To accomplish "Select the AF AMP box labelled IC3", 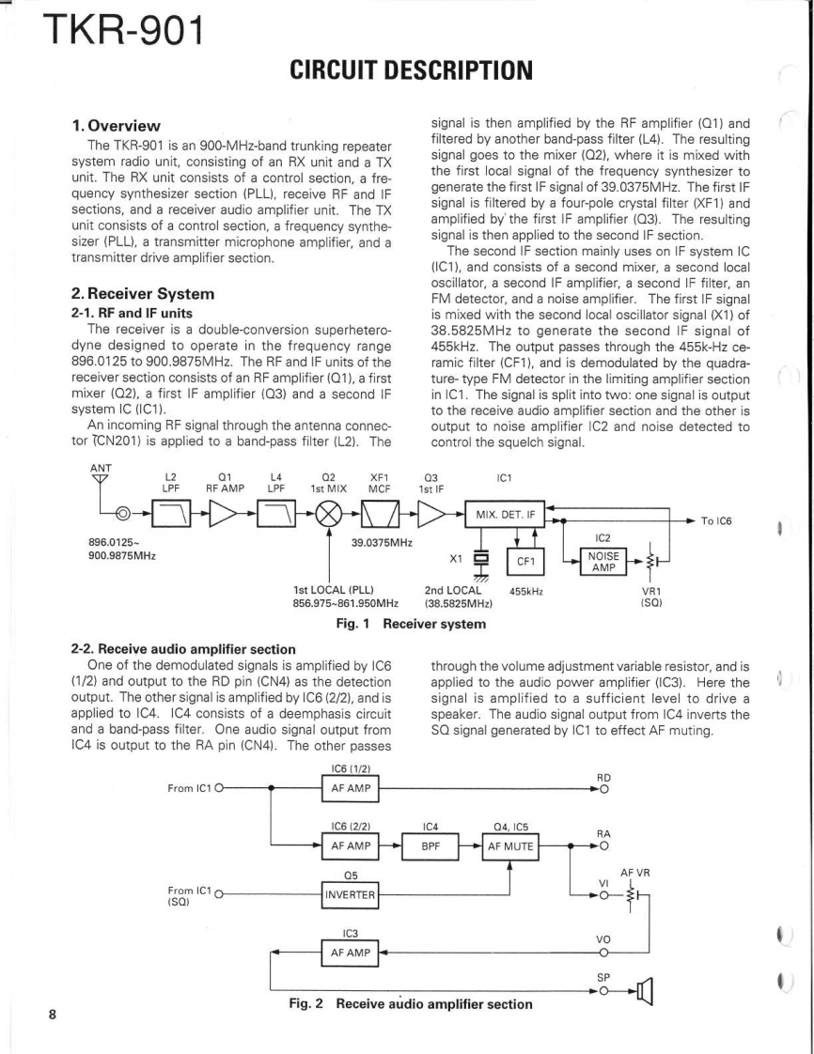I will pos(349,953).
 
